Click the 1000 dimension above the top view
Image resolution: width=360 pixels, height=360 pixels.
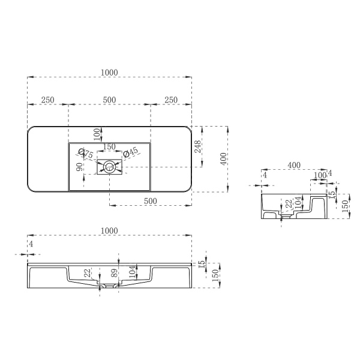[x=109, y=72]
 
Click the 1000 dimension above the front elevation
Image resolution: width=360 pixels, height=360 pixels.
[x=109, y=230]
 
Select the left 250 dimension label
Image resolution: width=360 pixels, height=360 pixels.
[x=48, y=99]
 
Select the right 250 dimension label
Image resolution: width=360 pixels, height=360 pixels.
[x=170, y=99]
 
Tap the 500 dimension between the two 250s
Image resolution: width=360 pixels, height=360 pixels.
[x=109, y=99]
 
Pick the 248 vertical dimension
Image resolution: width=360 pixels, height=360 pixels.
[x=197, y=146]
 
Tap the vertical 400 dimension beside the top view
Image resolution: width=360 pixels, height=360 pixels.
[x=224, y=160]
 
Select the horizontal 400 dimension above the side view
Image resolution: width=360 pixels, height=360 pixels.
[x=294, y=164]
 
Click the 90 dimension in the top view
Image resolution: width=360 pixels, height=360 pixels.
[x=79, y=167]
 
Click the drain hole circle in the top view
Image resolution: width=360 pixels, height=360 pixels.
[x=110, y=167]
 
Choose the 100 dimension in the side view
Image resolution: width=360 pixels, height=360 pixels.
[x=319, y=175]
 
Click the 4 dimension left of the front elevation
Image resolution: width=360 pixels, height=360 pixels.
[x=30, y=244]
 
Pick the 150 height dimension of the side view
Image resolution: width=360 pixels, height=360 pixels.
[x=344, y=205]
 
